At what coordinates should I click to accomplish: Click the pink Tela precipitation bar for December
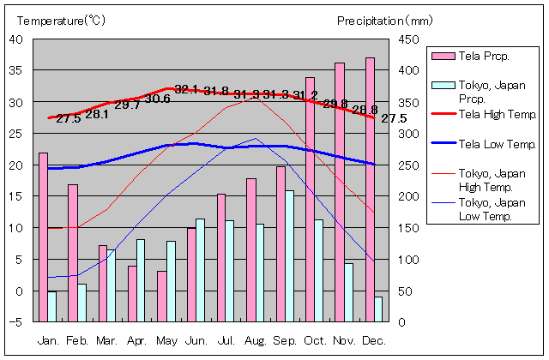tap(370, 189)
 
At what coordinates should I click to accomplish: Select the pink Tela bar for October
tap(310, 199)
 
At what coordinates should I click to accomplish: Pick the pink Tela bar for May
tap(161, 296)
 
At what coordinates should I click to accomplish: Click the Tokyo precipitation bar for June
tap(201, 269)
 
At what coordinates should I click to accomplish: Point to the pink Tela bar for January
tap(43, 237)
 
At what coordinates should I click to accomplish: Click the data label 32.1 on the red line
tap(186, 89)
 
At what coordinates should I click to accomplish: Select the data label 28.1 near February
tap(97, 114)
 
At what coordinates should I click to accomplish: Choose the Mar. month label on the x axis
tap(106, 340)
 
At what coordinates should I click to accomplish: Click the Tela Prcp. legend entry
tap(485, 57)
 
